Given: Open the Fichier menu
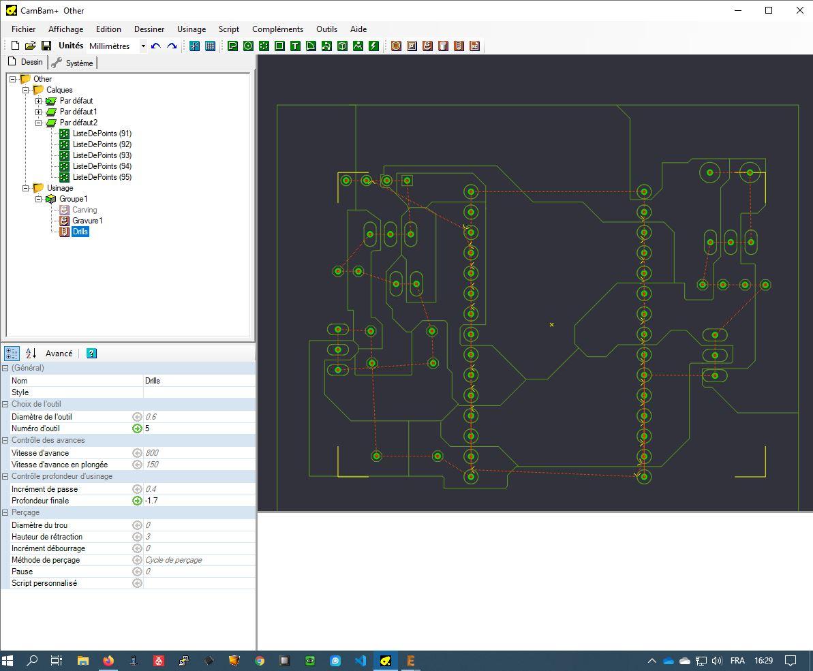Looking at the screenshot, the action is tap(23, 29).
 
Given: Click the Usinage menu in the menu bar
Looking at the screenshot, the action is tap(191, 29).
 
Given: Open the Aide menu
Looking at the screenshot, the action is tap(358, 29).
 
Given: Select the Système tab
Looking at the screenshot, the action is tap(73, 63).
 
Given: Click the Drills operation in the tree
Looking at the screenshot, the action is tap(80, 232).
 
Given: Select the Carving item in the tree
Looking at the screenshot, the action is tap(85, 210).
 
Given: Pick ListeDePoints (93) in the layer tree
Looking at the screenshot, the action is tap(102, 155).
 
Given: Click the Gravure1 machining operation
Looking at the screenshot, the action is tap(87, 221).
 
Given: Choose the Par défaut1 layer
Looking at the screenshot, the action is tap(78, 112).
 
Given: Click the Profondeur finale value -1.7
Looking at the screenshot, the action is tap(151, 501).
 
